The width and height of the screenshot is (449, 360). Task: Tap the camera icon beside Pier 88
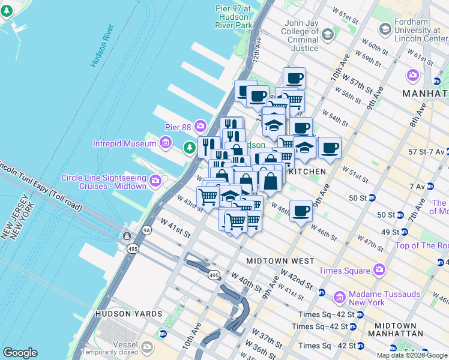(200, 127)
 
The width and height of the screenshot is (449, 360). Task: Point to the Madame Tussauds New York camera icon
(339, 297)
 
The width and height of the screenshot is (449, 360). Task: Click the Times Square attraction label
(345, 271)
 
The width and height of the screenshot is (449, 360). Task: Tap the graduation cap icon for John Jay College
(327, 35)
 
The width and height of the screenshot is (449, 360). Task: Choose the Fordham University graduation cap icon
(385, 29)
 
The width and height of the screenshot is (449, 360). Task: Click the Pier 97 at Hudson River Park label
(234, 17)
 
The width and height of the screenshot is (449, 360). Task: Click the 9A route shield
(146, 229)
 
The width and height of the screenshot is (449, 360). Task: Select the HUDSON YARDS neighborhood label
(128, 314)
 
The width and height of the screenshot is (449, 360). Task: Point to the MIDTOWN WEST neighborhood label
(280, 261)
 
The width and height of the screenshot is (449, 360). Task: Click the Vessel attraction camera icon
(148, 346)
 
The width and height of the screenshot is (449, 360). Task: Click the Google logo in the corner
(20, 353)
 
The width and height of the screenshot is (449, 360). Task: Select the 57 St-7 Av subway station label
(423, 152)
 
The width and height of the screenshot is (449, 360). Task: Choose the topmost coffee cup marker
(294, 78)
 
